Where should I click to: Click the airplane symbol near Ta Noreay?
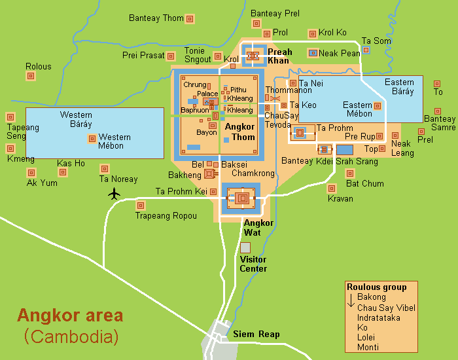coord(115,193)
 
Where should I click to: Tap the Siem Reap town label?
coord(256,334)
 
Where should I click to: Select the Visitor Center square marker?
coord(245,247)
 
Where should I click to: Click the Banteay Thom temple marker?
coord(190,18)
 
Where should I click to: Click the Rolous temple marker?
coord(31,77)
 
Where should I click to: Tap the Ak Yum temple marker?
coord(31,173)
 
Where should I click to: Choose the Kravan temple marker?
coord(332,189)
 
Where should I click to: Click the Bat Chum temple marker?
coord(350,173)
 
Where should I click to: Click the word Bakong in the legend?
coord(372,297)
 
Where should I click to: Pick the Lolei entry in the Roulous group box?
coord(367,337)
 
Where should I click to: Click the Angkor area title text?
coord(69,315)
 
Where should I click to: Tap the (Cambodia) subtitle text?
coord(71,337)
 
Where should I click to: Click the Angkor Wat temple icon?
coord(243,198)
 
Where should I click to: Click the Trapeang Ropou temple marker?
coord(140,205)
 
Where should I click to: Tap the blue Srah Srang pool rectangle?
coord(345,150)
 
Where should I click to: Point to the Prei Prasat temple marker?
coord(171,56)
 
